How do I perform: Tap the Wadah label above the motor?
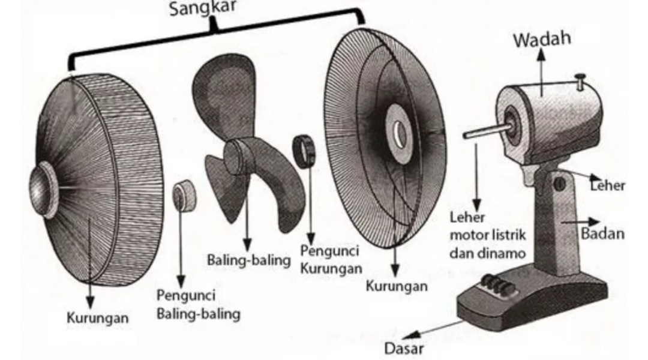click(542, 40)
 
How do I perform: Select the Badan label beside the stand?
click(602, 233)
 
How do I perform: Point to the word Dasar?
click(404, 348)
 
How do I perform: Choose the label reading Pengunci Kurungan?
click(331, 259)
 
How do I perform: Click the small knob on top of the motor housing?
click(580, 79)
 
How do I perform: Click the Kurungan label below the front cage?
click(97, 317)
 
